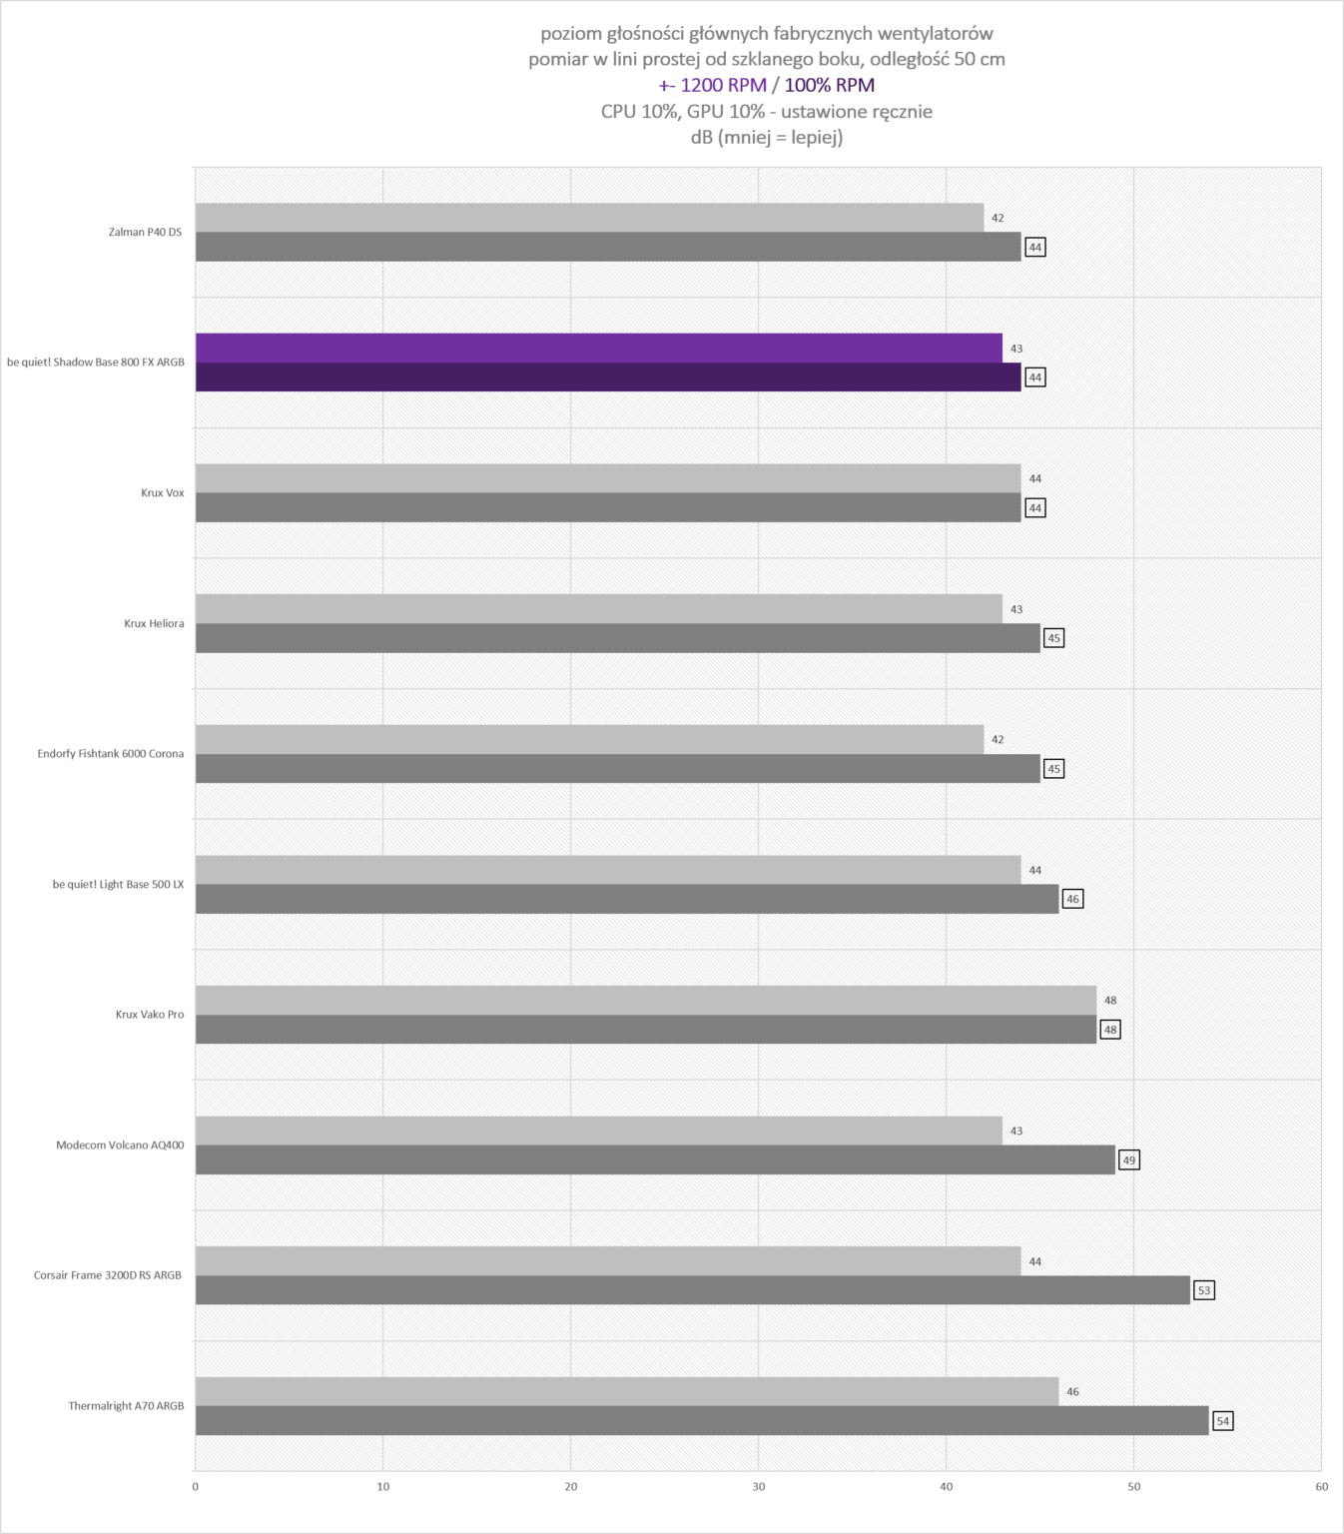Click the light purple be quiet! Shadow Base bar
[599, 349]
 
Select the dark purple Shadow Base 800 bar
[608, 378]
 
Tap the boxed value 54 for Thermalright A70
[1223, 1421]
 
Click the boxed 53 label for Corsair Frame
[1204, 1290]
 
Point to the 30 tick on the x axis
[759, 1486]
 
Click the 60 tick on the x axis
[1321, 1486]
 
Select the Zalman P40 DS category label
[146, 232]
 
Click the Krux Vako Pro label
[149, 1015]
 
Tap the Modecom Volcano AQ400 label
[120, 1145]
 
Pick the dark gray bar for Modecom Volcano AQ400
[656, 1159]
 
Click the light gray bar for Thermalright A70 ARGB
[627, 1391]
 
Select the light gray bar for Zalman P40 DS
[590, 218]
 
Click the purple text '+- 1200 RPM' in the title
[713, 85]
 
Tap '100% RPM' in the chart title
[829, 85]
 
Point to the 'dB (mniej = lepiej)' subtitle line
[766, 137]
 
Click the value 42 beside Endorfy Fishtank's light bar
[998, 740]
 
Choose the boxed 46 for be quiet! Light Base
[1072, 899]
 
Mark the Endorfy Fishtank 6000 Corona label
[111, 753]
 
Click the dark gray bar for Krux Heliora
[618, 638]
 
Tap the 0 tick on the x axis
[196, 1486]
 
